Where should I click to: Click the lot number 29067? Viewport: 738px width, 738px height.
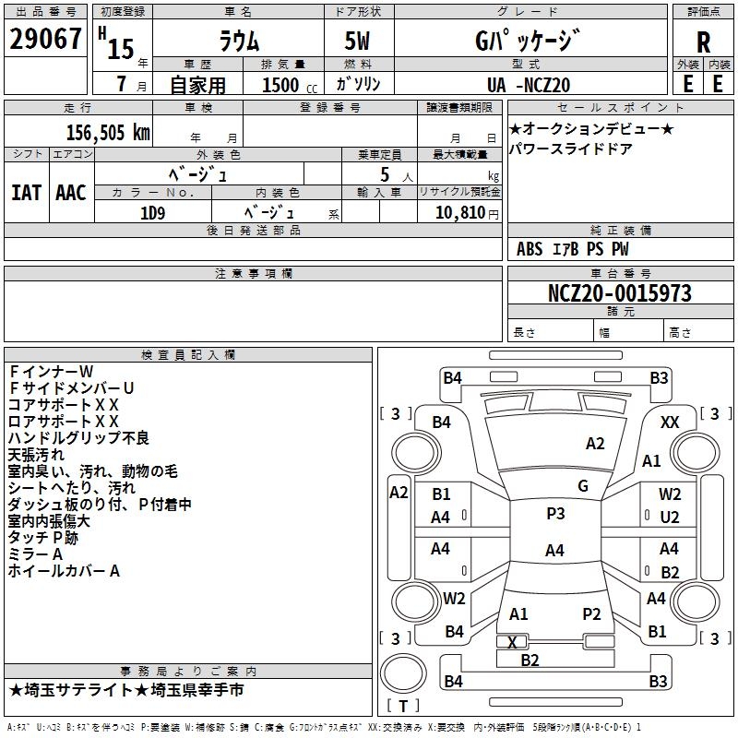[x=45, y=40]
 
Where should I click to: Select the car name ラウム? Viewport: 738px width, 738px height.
[x=239, y=41]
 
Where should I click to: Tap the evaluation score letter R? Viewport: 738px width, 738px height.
[x=703, y=42]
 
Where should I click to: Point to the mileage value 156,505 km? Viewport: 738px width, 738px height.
[x=107, y=132]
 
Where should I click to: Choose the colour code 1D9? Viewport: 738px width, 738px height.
[x=152, y=210]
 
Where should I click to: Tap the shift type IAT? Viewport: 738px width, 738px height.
[x=26, y=193]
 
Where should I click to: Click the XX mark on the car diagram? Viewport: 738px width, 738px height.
[x=670, y=422]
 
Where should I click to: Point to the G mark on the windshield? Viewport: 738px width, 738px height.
[x=583, y=485]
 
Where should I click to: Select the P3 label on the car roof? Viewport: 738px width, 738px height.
[x=555, y=514]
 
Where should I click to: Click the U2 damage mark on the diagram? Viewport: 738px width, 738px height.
[x=670, y=517]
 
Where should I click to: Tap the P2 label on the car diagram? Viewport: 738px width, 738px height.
[x=591, y=613]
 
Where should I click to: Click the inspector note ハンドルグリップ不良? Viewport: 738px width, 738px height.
[x=78, y=437]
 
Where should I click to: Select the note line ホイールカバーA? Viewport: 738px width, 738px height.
[x=64, y=571]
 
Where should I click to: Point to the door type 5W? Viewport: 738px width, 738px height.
[x=359, y=41]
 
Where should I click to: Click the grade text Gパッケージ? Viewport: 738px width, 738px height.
[x=528, y=41]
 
